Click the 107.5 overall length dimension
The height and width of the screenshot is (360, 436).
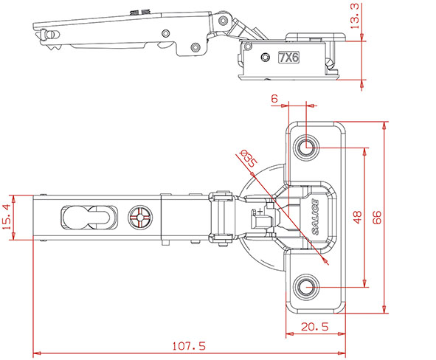[x=189, y=346]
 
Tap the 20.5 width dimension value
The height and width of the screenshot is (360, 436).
[x=315, y=327]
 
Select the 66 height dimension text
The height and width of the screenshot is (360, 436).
[x=377, y=217]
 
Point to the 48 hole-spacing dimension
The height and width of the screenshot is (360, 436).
[x=357, y=217]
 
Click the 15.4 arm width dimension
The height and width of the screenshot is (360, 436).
[x=6, y=217]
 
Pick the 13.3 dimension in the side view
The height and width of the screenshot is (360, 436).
[x=355, y=16]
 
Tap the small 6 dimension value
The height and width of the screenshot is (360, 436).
[x=274, y=98]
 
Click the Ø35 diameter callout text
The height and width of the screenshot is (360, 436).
[x=248, y=159]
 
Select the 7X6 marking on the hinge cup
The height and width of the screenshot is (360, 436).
[x=289, y=58]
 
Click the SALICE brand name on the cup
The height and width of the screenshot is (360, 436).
[x=315, y=217]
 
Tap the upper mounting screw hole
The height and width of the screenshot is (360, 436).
[x=306, y=147]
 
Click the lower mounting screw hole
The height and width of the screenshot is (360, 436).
[x=306, y=287]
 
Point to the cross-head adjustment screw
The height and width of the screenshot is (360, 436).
[x=140, y=218]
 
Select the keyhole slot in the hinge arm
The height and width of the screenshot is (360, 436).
[x=89, y=218]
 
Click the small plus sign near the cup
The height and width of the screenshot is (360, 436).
[x=260, y=211]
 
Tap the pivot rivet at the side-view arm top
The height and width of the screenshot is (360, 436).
[x=223, y=20]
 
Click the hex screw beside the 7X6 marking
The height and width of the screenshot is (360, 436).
[x=266, y=58]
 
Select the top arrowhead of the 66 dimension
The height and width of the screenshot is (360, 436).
[x=384, y=126]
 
